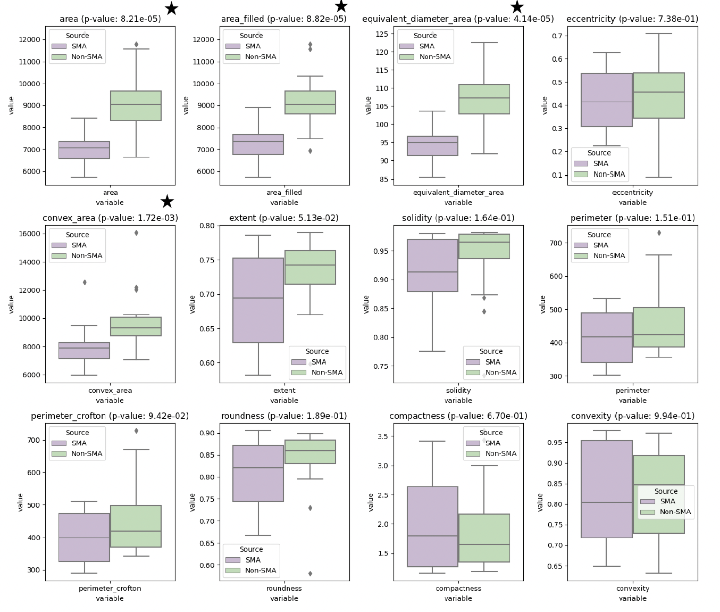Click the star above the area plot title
(x=171, y=9)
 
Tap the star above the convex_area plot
(x=167, y=201)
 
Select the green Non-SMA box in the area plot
(x=136, y=105)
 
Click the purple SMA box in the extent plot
(x=258, y=300)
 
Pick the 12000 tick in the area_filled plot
(x=204, y=40)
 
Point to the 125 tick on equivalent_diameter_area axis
(x=381, y=34)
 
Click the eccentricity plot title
(x=632, y=19)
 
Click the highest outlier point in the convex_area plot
(x=136, y=233)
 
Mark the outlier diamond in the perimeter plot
(x=659, y=233)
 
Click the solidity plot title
(x=458, y=218)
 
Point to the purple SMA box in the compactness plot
(x=432, y=526)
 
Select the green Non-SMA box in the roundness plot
(x=310, y=452)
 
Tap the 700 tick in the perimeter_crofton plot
(x=34, y=440)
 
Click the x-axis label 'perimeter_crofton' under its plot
(x=110, y=589)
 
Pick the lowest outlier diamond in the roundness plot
(x=310, y=574)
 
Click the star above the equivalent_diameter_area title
(x=517, y=7)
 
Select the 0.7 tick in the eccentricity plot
(x=558, y=36)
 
